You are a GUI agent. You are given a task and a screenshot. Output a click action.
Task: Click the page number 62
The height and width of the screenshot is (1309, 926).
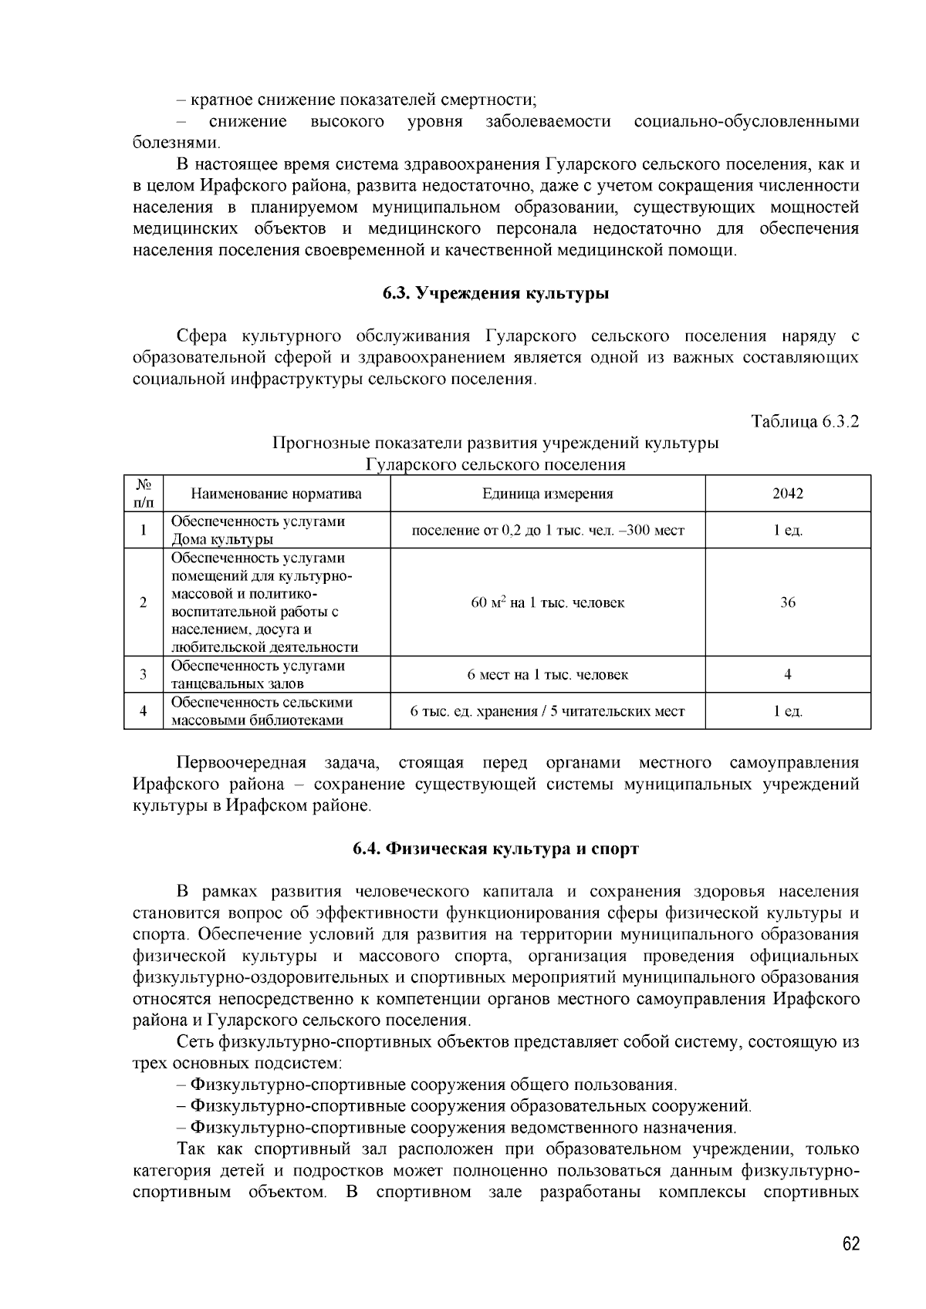click(850, 1245)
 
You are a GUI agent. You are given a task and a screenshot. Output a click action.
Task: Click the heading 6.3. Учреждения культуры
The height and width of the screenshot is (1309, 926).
click(496, 294)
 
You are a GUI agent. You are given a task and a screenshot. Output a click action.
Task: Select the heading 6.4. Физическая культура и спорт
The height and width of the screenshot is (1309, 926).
click(496, 849)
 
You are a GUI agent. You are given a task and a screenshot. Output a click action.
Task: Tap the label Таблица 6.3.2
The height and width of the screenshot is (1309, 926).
click(806, 421)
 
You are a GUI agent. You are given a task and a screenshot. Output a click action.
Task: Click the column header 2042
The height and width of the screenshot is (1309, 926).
click(787, 494)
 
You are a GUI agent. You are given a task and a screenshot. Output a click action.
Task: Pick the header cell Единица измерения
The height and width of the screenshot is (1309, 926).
click(547, 494)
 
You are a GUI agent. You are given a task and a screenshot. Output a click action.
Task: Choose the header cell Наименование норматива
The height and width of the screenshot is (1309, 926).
click(276, 494)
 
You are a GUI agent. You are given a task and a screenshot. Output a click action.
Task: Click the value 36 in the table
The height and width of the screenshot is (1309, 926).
click(787, 602)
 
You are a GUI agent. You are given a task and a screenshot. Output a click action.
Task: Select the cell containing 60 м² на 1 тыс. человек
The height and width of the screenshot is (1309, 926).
click(547, 602)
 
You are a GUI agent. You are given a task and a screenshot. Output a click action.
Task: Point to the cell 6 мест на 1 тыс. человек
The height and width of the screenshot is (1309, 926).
click(547, 675)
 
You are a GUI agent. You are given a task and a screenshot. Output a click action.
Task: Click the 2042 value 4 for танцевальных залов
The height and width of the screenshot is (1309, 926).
click(787, 675)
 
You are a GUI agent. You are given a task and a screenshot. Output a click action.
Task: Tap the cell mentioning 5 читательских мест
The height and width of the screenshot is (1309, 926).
click(547, 711)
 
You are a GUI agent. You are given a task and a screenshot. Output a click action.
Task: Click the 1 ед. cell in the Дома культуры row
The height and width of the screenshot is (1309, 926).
click(787, 531)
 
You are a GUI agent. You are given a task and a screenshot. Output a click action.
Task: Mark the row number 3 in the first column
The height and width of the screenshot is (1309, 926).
click(144, 675)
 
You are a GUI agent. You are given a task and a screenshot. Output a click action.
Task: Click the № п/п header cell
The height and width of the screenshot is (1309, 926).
click(144, 494)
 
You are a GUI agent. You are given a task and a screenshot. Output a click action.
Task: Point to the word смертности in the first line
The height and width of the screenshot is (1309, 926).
click(493, 100)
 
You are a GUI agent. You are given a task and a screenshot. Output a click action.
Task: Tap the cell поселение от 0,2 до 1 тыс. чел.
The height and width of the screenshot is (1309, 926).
click(547, 531)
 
